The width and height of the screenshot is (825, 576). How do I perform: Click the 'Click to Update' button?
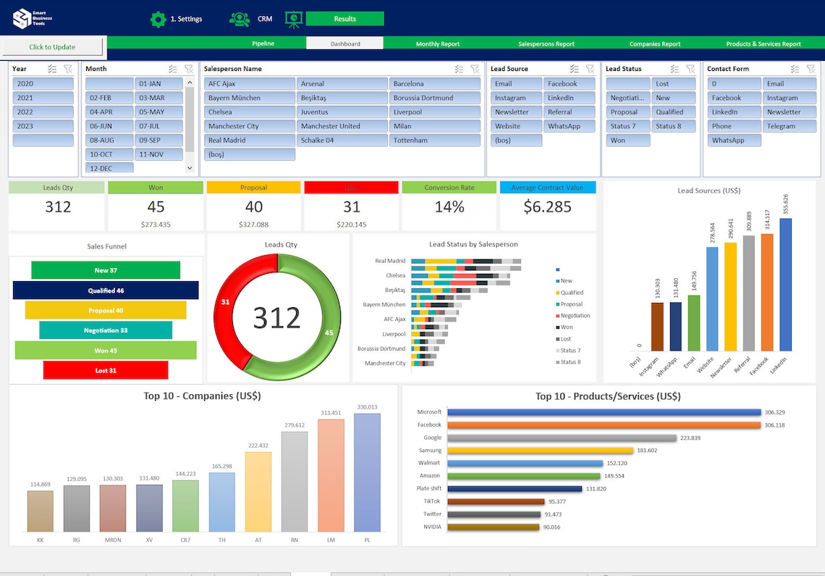52,47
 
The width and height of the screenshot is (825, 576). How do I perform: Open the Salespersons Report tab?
546,43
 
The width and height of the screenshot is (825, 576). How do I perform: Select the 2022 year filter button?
43,112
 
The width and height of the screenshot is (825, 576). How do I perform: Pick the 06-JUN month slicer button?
109,126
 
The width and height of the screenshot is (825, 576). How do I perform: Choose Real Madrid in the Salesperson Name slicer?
249,141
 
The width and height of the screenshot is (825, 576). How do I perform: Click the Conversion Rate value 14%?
449,207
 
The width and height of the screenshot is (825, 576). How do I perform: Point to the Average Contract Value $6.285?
547,207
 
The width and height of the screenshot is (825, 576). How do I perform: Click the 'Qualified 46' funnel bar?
106,291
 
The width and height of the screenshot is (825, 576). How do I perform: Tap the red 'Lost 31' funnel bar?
106,370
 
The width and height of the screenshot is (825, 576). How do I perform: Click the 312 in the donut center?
276,318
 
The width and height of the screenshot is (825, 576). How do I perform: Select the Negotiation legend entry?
575,316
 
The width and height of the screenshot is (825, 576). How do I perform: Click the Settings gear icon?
158,19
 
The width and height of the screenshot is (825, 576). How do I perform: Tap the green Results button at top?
344,19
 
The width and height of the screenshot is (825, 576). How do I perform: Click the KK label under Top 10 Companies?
41,539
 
